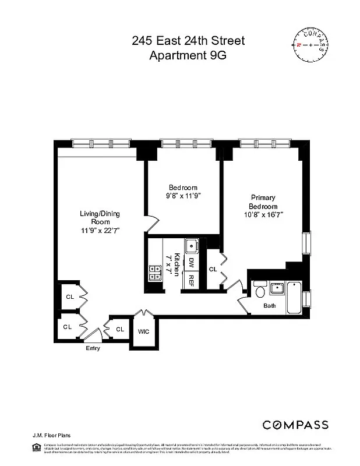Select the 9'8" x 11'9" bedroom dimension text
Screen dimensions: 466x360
183,196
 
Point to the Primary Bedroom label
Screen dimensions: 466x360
263,202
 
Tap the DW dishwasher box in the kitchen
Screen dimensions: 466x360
191,263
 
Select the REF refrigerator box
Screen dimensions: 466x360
191,281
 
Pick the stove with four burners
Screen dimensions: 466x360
156,269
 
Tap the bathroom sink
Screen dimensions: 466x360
277,287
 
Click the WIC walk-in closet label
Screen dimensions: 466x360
143,331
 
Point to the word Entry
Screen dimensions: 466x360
93,348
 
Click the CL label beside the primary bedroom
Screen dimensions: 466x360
213,270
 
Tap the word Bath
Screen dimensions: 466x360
269,306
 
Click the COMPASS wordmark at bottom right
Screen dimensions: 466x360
295,425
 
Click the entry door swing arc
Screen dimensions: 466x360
91,335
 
